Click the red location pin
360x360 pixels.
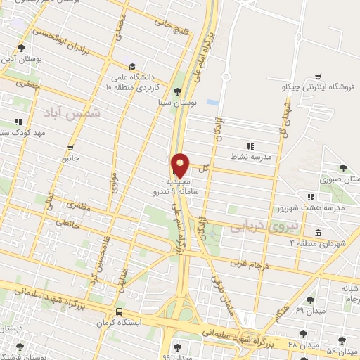pyautogui.click(x=181, y=165)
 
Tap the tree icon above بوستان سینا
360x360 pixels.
pyautogui.click(x=177, y=91)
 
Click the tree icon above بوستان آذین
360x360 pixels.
pyautogui.click(x=21, y=49)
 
